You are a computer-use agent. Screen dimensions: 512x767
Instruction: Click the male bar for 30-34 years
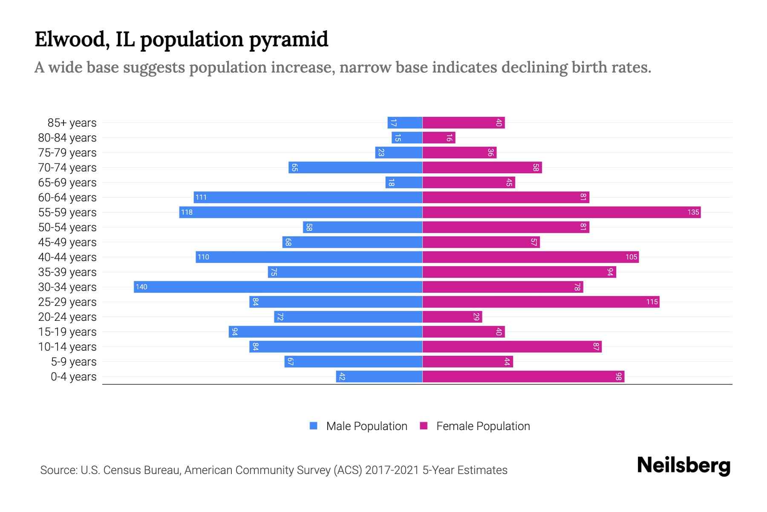click(278, 287)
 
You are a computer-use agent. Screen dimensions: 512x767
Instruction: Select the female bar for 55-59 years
click(561, 212)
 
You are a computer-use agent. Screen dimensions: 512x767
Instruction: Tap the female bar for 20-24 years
click(452, 317)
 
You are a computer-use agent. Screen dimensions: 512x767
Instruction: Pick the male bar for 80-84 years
click(407, 137)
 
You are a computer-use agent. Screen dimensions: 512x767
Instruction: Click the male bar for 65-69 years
click(404, 182)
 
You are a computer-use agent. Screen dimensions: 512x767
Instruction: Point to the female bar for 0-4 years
click(523, 376)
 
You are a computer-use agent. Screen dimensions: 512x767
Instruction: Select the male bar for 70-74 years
click(355, 167)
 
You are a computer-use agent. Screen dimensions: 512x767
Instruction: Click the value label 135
click(693, 212)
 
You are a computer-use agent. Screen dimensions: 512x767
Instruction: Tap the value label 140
click(141, 287)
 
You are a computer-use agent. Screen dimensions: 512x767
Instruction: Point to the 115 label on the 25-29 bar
click(652, 302)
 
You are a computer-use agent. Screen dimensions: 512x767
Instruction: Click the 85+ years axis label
click(72, 123)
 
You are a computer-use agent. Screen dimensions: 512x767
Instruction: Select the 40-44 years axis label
click(67, 257)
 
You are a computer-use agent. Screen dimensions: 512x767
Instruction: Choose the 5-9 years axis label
click(73, 362)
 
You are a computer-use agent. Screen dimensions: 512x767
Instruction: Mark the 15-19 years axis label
click(67, 332)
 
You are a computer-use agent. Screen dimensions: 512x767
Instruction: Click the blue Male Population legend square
click(314, 426)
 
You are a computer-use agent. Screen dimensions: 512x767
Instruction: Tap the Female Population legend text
click(483, 426)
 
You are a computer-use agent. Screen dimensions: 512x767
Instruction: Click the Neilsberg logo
click(683, 465)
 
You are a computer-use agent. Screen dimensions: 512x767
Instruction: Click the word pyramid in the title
click(288, 40)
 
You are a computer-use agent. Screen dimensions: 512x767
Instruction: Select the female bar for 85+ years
click(464, 122)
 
